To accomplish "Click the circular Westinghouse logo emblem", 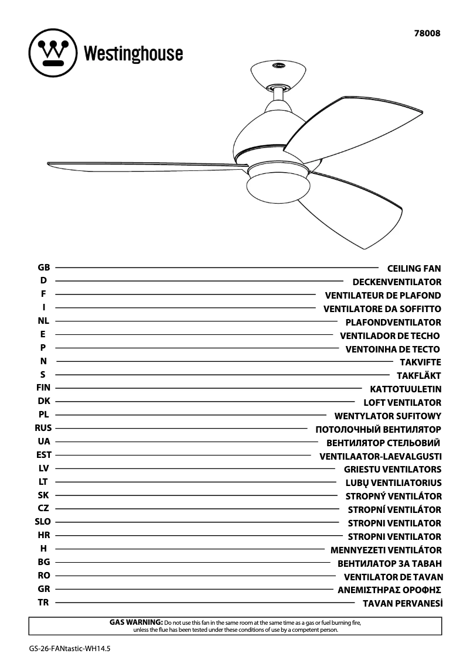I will point(53,53).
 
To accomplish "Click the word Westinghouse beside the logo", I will point(133,54).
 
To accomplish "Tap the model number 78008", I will point(427,34).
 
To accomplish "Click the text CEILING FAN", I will point(414,269).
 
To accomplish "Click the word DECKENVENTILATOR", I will point(397,282).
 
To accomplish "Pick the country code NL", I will point(43,321).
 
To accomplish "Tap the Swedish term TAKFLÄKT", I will point(418,376).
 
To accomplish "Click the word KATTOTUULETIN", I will point(406,389).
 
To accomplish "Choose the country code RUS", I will point(43,428).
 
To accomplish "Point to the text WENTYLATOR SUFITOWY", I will point(387,416).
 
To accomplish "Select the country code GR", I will point(43,589).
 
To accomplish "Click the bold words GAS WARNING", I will point(136,622).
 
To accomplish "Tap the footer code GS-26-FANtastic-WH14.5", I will point(69,649).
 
